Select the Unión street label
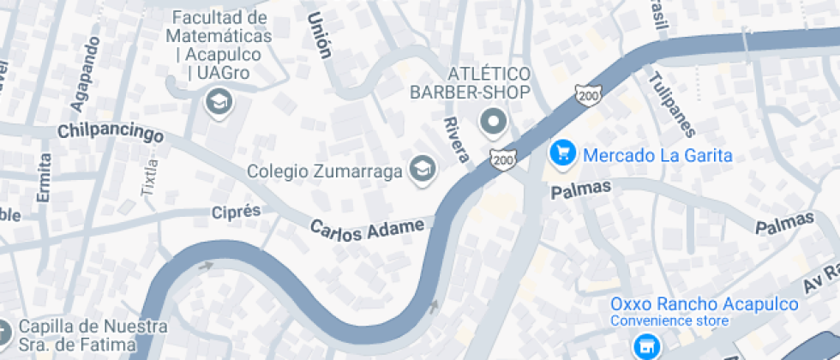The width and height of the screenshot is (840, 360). pos(319,35)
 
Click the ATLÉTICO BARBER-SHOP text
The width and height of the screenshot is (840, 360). pos(470,82)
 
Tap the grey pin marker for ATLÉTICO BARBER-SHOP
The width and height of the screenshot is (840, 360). pos(493,123)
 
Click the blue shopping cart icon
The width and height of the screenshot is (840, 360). pos(562,153)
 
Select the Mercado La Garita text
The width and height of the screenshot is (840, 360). pos(657,155)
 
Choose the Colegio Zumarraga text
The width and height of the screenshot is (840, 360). pos(325,171)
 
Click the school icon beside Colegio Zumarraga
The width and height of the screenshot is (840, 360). pos(422,170)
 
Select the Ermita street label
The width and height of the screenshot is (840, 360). pos(44,177)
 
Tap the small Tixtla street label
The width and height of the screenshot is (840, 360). pos(151,178)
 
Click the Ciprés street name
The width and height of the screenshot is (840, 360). pos(235,211)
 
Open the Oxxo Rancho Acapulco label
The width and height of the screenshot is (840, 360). pos(704,305)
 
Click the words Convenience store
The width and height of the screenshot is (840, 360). pos(669,321)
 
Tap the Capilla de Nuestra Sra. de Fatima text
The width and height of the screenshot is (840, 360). pos(81,336)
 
